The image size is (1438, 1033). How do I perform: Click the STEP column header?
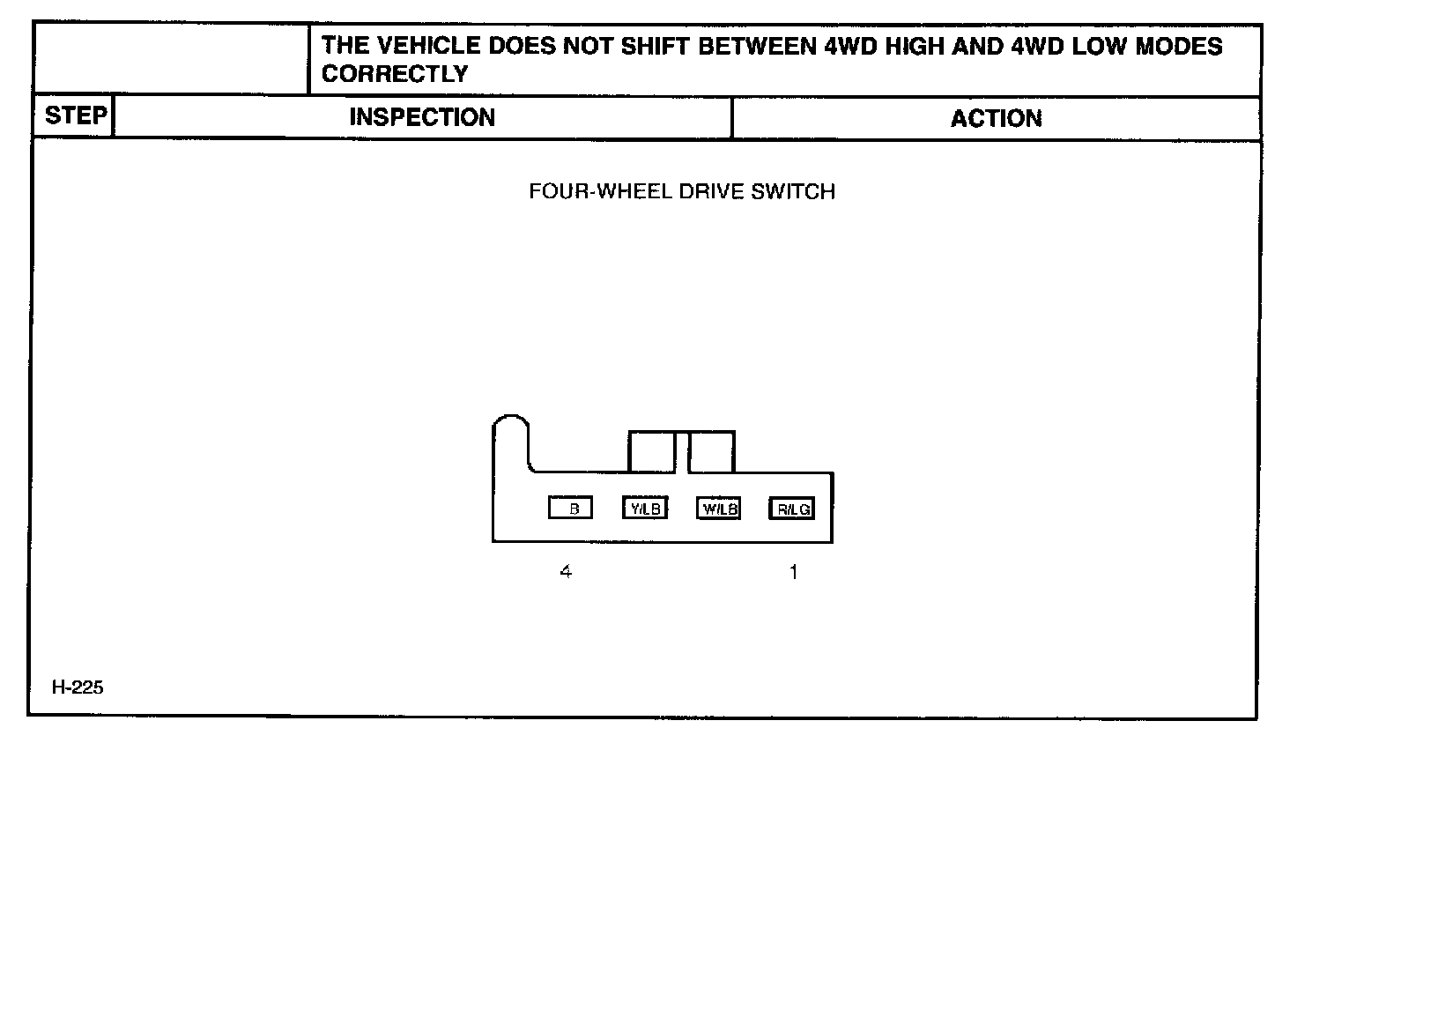pos(75,116)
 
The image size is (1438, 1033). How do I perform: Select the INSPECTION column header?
pos(422,117)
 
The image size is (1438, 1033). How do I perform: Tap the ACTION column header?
pos(996,119)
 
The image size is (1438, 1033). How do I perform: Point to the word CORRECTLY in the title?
pos(394,74)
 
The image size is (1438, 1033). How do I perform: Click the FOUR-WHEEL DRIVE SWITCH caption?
pos(681,191)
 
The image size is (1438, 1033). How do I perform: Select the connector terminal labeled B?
pos(570,509)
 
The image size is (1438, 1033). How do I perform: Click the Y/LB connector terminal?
pos(645,509)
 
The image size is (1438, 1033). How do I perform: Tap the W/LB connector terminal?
pos(719,509)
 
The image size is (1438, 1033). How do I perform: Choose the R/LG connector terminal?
pos(792,509)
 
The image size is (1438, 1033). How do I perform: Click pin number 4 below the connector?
pos(566,571)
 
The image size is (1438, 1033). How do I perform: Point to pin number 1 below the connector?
pos(793,572)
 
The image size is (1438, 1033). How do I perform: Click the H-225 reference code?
pos(78,687)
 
